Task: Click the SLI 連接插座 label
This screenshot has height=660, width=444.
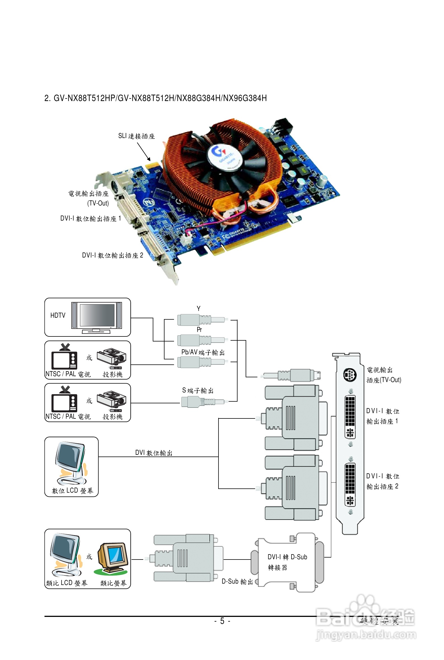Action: tap(136, 136)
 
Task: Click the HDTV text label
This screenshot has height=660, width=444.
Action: tap(57, 315)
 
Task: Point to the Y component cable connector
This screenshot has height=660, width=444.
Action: tap(201, 320)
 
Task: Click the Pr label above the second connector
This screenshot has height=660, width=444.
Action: tap(199, 329)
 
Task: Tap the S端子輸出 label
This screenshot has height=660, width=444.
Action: tap(198, 390)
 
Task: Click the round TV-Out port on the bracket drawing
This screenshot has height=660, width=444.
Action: tap(350, 375)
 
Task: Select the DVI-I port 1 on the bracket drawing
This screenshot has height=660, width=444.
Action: tap(350, 416)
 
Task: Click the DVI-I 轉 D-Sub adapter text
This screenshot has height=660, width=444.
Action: tap(287, 557)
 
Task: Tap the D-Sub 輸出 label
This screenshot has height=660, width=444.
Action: tap(237, 581)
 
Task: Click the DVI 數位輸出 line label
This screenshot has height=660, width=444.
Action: tap(154, 453)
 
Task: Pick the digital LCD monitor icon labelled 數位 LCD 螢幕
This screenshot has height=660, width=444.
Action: tap(71, 463)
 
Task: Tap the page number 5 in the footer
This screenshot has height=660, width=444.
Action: tap(222, 621)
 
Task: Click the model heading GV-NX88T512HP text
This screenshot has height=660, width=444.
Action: tap(84, 98)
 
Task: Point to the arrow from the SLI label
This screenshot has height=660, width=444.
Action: tap(144, 151)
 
